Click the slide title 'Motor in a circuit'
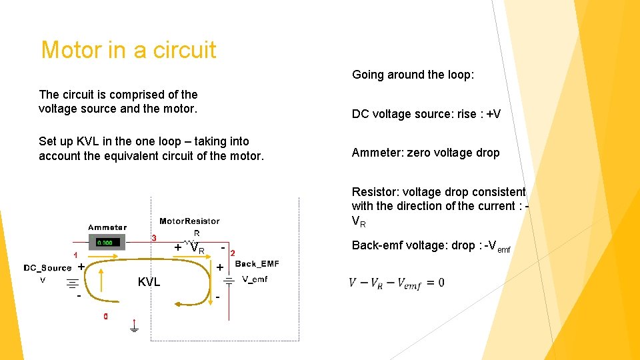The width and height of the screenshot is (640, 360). pos(129,50)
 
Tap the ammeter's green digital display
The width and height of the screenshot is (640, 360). pos(108,243)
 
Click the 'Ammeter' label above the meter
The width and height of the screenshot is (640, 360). pos(107,227)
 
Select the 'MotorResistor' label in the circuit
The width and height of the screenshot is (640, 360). pos(189,221)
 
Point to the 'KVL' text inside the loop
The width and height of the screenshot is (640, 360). pos(149,282)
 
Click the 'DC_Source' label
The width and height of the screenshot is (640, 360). pos(47,268)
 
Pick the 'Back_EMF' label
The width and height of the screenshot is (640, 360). pos(257,264)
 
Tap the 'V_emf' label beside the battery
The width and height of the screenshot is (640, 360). pos(254,279)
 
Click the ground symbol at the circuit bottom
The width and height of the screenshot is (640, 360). pos(134,328)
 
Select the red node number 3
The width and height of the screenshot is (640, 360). pos(154,238)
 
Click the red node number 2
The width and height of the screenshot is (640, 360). pos(232,253)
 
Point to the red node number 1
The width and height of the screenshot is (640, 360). pos(75,255)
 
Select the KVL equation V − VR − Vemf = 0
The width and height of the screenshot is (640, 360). pos(396,283)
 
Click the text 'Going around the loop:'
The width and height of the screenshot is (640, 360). pos(413,75)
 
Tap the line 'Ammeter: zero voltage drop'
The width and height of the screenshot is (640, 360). pos(425,153)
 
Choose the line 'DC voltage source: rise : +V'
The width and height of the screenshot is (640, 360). pos(426,114)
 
